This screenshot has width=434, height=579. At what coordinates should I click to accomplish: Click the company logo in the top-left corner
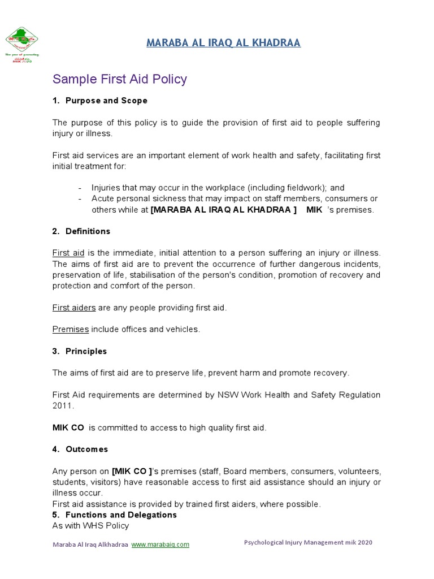23,44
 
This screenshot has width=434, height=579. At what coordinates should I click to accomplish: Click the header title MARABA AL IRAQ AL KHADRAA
223,43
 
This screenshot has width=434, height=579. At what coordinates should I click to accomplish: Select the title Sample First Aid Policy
119,79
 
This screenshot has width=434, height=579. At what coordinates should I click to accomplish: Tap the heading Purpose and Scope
106,101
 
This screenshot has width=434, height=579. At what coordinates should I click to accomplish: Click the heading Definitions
88,231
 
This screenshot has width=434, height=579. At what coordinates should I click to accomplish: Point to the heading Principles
86,351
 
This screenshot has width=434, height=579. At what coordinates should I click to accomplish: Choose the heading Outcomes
86,450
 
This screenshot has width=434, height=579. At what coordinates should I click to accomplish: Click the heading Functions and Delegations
121,515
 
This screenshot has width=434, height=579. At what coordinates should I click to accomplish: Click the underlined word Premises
71,329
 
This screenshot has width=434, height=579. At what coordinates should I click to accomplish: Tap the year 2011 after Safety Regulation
63,406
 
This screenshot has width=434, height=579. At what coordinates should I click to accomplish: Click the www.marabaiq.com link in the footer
160,545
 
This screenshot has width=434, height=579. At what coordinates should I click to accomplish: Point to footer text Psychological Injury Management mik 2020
308,542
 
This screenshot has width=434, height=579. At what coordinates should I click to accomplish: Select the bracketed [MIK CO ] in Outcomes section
132,471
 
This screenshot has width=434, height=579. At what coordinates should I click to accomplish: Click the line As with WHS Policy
90,526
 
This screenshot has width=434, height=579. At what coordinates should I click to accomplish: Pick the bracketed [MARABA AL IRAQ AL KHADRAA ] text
224,210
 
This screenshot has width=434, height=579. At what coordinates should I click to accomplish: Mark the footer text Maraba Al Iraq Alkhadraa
90,545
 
